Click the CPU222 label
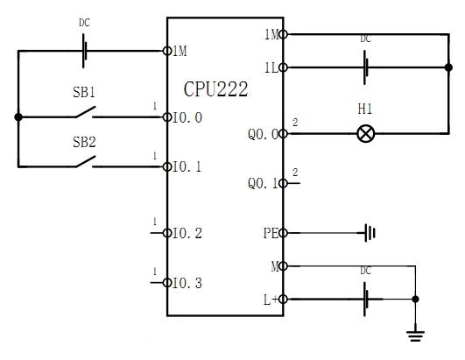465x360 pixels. point(215,89)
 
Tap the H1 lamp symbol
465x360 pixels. point(366,134)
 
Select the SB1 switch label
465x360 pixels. point(84,92)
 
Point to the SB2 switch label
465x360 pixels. point(84,142)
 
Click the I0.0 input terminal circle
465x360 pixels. point(167,117)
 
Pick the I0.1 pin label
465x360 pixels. point(187,167)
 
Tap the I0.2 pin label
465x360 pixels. point(187,233)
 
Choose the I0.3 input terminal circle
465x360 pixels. point(167,283)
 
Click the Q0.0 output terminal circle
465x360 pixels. point(283,134)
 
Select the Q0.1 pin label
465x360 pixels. point(264,184)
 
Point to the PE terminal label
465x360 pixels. point(271,233)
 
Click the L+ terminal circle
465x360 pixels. point(283,300)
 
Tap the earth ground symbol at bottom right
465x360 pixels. point(415,335)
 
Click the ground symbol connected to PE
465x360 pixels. point(370,233)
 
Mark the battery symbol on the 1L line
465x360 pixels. point(366,67)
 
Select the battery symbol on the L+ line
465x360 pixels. point(366,300)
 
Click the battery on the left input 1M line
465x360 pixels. point(84,51)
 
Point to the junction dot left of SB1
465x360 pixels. point(18,117)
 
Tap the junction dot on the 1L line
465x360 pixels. point(448,67)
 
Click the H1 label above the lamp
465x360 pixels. point(365,109)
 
